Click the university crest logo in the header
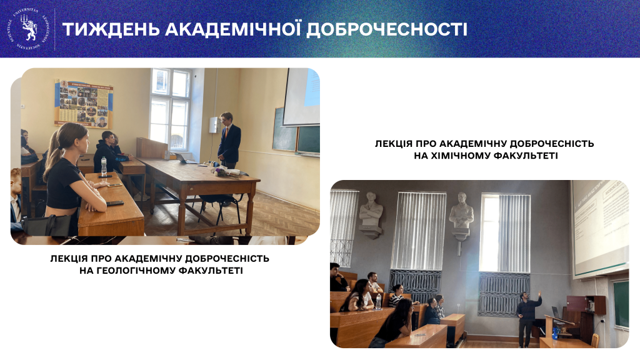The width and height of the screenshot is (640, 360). tap(28, 29)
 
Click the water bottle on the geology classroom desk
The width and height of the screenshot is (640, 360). tap(104, 166)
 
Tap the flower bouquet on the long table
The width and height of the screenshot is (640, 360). tap(218, 169)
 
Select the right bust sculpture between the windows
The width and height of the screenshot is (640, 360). tap(461, 216)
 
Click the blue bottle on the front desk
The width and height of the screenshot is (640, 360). tap(555, 332)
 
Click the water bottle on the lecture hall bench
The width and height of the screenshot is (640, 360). tap(378, 302)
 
